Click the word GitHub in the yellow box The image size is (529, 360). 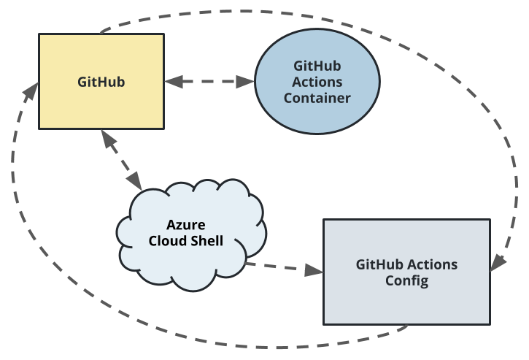coord(101,82)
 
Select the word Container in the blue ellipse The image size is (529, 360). coord(317,97)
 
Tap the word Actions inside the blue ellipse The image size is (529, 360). coord(317,81)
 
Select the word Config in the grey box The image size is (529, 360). coord(406,280)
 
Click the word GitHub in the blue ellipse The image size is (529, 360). coord(317,65)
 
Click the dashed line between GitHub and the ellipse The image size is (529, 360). coord(210,82)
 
